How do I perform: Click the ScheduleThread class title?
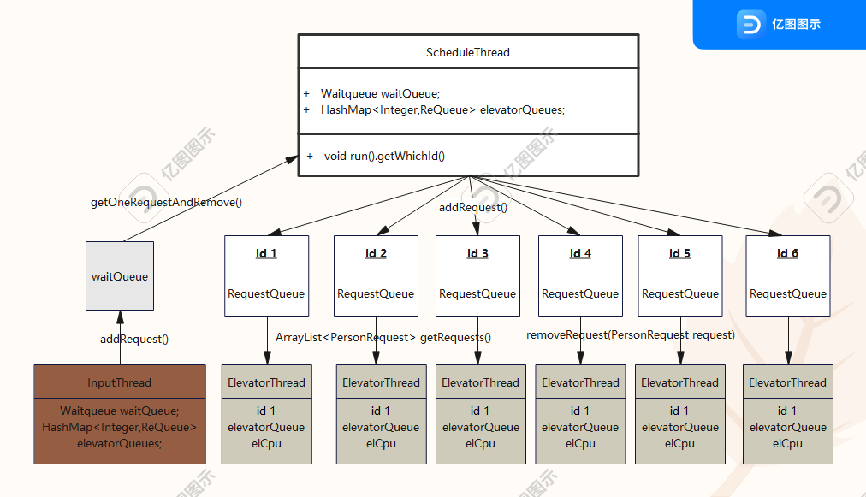[468, 52]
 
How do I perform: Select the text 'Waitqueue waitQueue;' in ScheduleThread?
[380, 93]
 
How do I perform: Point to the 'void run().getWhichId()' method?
[384, 156]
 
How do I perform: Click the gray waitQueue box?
[120, 275]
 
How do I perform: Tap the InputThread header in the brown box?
[119, 382]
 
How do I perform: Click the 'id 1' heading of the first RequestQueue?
[266, 253]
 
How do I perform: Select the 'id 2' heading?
[376, 253]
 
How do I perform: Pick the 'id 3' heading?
[477, 253]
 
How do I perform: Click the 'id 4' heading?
[580, 253]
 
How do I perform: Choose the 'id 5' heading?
[679, 253]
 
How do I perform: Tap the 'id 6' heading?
[787, 253]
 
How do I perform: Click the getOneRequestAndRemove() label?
[166, 202]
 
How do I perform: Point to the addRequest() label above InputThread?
[134, 339]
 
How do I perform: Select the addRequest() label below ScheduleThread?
[472, 207]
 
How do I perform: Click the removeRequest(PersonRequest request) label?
[631, 334]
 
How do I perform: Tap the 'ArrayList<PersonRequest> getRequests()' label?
[383, 337]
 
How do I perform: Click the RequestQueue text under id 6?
[788, 293]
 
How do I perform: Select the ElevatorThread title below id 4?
[580, 382]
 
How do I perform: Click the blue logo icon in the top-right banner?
[751, 24]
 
